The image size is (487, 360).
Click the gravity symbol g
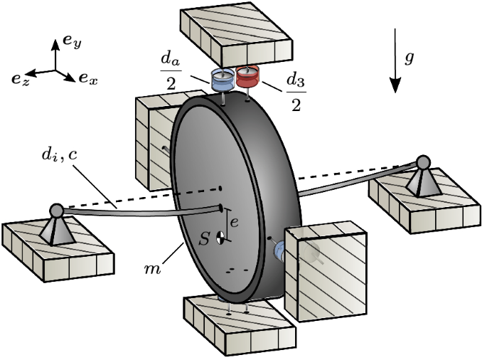coord(410,58)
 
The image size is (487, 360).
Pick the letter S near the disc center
coord(205,239)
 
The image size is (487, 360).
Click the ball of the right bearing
coord(424,162)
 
